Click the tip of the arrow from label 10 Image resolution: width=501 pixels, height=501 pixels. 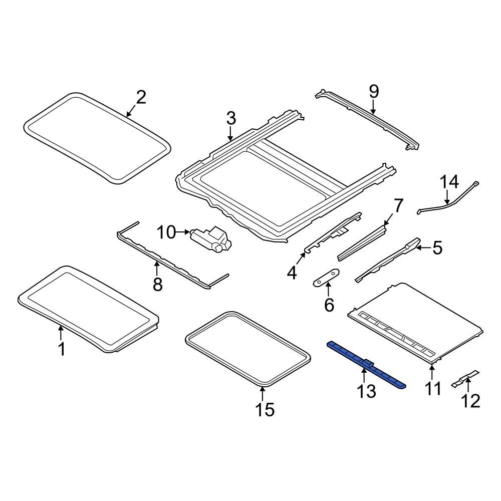click(x=190, y=232)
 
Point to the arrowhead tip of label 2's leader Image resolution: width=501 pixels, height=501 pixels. click(x=127, y=116)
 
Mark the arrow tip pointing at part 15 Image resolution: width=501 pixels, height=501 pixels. click(x=263, y=386)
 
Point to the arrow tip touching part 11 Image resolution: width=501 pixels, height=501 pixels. click(x=432, y=363)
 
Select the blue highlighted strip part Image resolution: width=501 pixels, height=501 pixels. click(x=366, y=365)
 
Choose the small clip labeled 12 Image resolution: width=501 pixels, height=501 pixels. click(x=465, y=379)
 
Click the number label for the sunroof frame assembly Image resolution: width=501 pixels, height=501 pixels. click(x=231, y=118)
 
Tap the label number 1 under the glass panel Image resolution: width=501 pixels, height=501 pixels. click(x=62, y=349)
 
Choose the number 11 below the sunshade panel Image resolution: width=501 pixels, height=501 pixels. click(x=433, y=389)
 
